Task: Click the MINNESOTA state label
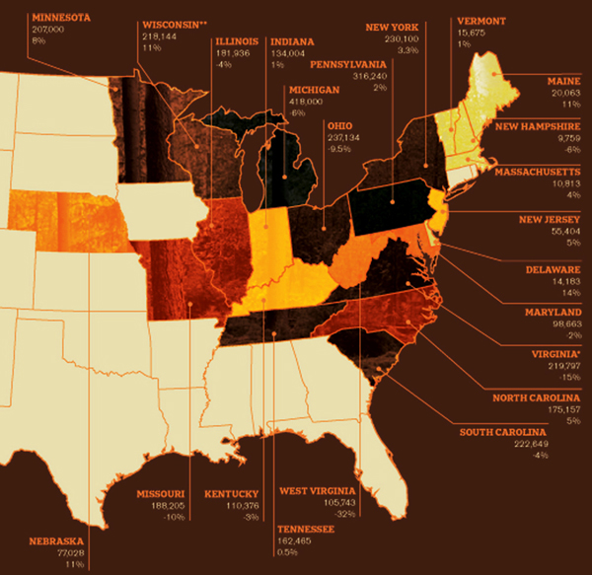(x=61, y=18)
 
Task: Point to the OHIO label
(x=339, y=126)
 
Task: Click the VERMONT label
(x=481, y=19)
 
